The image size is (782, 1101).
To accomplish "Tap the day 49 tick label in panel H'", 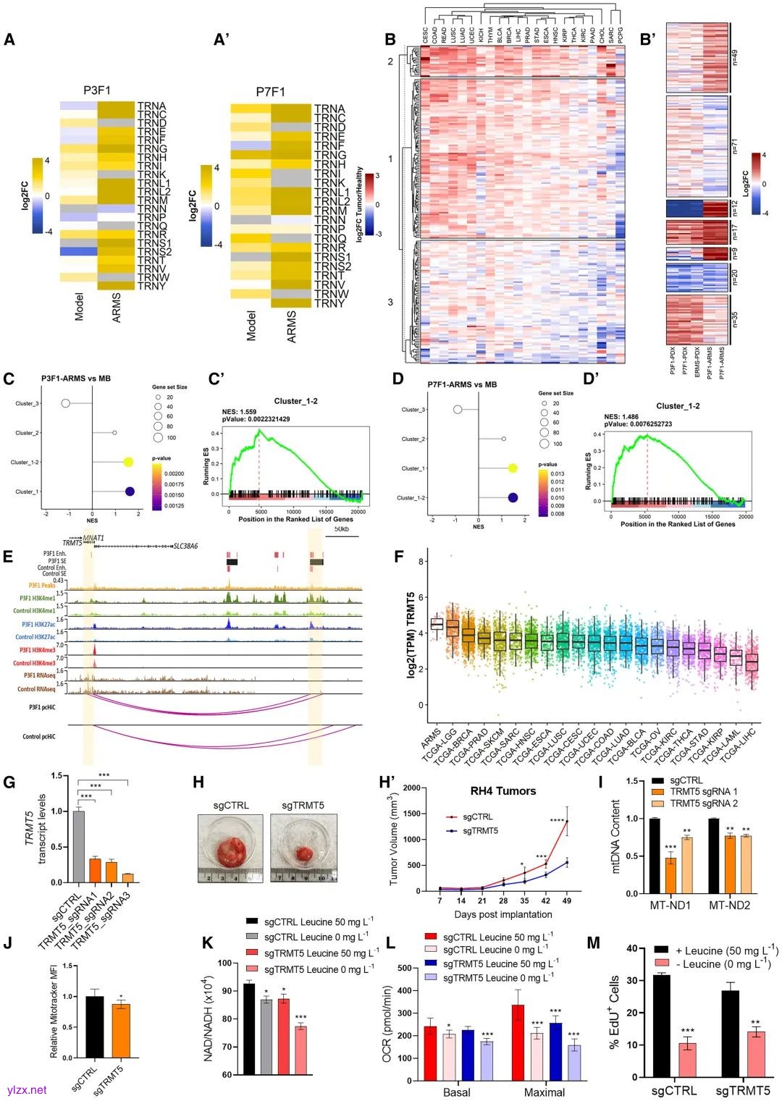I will click(x=566, y=900).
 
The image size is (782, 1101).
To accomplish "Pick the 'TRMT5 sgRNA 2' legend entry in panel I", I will click(x=704, y=803).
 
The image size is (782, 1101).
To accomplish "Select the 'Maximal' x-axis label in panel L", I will click(x=544, y=1092).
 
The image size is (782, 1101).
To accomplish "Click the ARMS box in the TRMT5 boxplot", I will click(x=437, y=623).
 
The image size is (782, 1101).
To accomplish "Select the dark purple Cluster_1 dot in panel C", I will click(x=130, y=492).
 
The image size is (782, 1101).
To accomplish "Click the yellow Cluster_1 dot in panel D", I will click(x=513, y=468).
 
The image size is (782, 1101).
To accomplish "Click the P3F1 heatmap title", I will click(x=97, y=91).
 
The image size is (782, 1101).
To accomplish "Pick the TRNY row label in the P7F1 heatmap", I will click(x=329, y=303).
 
